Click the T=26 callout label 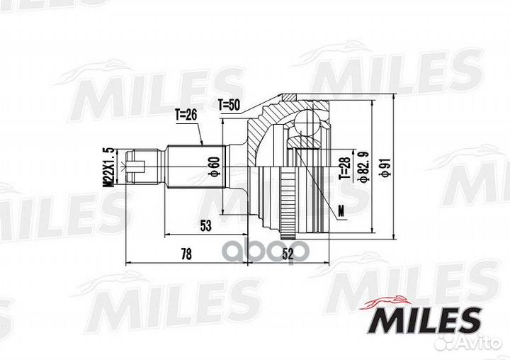tap(186, 115)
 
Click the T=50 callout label tap(229, 105)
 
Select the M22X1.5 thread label tap(108, 167)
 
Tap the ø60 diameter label tap(215, 167)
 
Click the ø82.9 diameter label tap(363, 167)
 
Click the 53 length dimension tap(205, 225)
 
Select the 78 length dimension tap(186, 254)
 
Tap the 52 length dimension tap(288, 254)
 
